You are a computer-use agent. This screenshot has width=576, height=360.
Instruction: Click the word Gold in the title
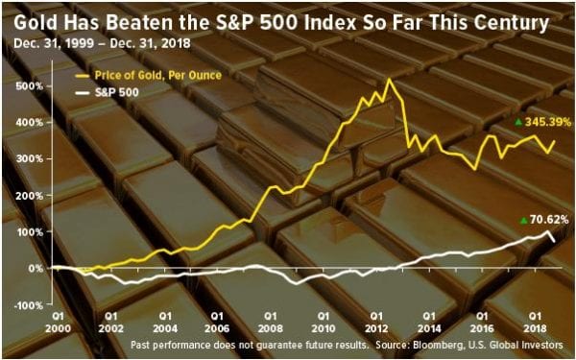coord(36,23)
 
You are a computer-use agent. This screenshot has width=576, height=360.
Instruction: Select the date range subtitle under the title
coord(102,43)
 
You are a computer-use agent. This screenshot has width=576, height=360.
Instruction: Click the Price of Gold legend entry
coord(148,75)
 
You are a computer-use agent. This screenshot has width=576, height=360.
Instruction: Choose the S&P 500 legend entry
coord(107,92)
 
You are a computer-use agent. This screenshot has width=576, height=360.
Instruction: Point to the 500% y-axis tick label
coord(30,86)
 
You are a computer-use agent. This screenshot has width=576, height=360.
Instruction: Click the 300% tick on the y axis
coord(30,159)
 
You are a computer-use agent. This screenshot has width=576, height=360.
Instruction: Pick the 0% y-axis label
coord(36,269)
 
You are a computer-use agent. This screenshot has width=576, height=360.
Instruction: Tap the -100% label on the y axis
coord(28,305)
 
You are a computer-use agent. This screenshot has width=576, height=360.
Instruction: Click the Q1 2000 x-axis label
coord(58,322)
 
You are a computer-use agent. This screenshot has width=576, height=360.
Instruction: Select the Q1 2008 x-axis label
coord(271,322)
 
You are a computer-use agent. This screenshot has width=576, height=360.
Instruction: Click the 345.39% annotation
coord(548,122)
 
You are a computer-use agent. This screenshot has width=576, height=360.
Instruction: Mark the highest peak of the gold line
coord(389,79)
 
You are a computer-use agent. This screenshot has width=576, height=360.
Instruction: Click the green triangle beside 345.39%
coord(518,122)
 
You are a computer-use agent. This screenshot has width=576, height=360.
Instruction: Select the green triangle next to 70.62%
coord(523,221)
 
